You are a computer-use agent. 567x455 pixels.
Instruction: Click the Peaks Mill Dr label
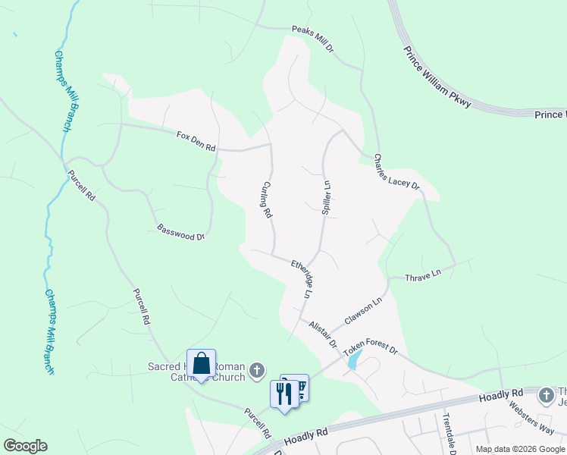[x=313, y=40]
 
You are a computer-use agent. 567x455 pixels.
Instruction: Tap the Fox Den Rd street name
[x=196, y=140]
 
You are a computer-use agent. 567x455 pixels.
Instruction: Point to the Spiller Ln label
[x=327, y=196]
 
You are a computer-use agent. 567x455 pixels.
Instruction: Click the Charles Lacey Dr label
[x=396, y=171]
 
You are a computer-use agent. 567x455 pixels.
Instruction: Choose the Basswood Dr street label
[x=180, y=231]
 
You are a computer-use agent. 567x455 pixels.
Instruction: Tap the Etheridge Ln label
[x=302, y=278]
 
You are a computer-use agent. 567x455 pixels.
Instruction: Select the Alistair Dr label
[x=323, y=333]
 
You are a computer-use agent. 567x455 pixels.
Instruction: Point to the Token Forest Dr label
[x=371, y=350]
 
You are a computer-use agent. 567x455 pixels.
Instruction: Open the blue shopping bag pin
[x=201, y=364]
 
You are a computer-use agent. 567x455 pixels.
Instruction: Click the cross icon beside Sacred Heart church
[x=257, y=370]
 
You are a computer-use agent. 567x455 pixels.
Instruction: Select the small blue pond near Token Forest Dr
[x=354, y=359]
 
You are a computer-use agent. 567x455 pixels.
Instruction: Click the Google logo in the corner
[x=25, y=446]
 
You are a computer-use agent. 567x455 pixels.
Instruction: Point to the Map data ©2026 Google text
[x=520, y=449]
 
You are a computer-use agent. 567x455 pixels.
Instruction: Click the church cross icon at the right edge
[x=546, y=395]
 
